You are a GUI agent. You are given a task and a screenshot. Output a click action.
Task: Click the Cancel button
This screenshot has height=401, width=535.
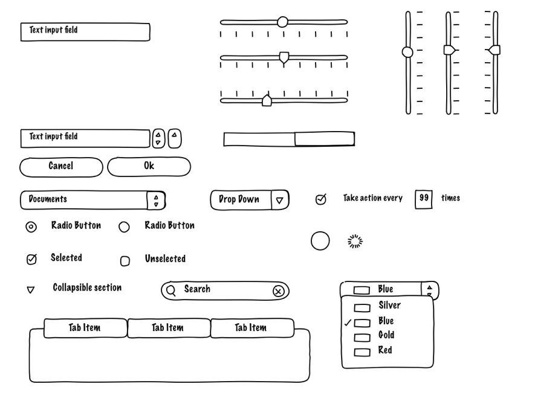(61, 167)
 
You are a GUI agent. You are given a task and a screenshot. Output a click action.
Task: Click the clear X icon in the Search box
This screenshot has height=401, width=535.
(278, 291)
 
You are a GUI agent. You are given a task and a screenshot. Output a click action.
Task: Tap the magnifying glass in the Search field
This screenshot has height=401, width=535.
(171, 290)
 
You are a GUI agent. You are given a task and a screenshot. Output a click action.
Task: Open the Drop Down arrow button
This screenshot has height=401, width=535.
(279, 200)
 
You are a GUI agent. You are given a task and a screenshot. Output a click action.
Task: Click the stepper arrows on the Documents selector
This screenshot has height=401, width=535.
(156, 200)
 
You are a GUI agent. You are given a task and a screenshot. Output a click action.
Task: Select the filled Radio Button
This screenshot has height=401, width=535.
(31, 227)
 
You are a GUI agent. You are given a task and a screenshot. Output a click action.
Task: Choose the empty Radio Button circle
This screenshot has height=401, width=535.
(124, 227)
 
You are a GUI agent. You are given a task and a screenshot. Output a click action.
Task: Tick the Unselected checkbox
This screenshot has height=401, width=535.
(125, 261)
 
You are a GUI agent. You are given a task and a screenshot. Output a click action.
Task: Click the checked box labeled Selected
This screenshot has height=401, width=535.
(31, 260)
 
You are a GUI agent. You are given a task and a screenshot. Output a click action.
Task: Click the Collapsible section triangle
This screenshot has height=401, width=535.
(31, 290)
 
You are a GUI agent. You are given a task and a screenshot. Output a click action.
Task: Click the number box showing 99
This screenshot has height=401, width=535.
(424, 199)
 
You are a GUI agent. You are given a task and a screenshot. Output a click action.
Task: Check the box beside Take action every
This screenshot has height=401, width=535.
(321, 199)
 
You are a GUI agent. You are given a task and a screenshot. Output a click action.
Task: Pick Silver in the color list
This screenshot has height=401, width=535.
(389, 306)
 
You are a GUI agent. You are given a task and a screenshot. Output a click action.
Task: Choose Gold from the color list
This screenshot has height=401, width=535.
(386, 335)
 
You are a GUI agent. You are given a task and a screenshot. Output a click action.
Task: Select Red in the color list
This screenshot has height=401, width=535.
(385, 350)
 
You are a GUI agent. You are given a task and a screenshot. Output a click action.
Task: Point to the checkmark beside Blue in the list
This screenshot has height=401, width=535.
(348, 323)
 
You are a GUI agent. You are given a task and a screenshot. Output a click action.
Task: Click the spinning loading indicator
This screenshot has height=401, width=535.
(355, 242)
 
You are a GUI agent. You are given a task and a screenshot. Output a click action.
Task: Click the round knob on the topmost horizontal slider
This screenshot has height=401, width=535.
(282, 22)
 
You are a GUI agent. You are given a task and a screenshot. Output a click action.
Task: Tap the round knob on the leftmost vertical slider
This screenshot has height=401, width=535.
(407, 52)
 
